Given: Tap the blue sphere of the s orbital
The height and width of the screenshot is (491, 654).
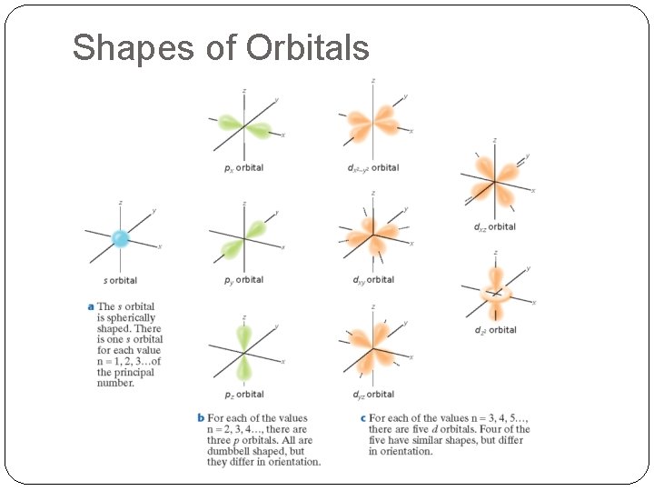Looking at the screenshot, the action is pos(120,238).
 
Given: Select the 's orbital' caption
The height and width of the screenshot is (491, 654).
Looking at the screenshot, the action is pos(120,280).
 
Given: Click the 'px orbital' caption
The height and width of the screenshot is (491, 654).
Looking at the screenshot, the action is pos(243,168).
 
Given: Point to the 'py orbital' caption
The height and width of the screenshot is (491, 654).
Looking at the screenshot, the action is pos(243,280).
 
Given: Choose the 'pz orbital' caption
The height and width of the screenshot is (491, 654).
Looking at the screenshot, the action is pos(243,394).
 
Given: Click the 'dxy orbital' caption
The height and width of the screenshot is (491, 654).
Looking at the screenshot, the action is pos(373,280).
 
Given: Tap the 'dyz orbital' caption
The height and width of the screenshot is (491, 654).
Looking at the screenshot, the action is pos(373,394).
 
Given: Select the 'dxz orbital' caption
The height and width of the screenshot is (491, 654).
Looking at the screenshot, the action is pos(494,226).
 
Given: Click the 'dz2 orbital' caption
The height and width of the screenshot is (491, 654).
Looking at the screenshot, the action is pos(495,330).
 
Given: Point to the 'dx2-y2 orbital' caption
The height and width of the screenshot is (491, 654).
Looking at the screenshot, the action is pos(373,168).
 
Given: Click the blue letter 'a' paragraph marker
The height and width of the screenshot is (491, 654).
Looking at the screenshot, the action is pos(90,306).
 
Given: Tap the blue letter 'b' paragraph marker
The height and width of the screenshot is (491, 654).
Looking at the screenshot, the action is pos(201,418).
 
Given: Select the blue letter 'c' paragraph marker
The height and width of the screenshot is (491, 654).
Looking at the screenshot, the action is pos(362,418).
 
